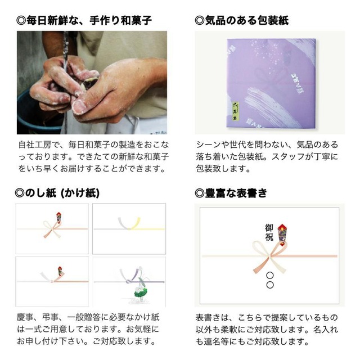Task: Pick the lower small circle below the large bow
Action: pyautogui.click(x=269, y=285)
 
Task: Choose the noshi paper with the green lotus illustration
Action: pyautogui.click(x=129, y=281)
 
